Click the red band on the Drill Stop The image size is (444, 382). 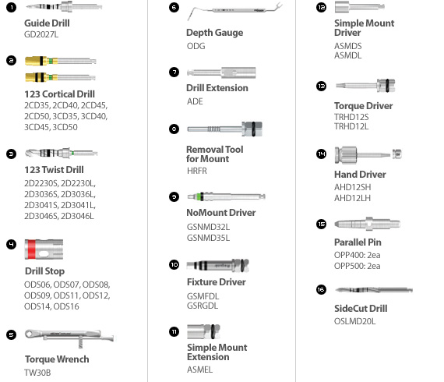coord(32,249)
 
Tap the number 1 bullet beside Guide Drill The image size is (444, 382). coord(12,7)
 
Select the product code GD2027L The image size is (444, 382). coord(41,34)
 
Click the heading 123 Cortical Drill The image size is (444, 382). coord(59,94)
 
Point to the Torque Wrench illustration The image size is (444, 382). coord(69,337)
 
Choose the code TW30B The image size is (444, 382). coord(37,373)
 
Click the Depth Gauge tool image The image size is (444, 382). coord(234,11)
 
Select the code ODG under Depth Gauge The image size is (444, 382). coord(196,46)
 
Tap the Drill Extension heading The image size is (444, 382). coord(217,88)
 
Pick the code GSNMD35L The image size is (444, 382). coord(208,238)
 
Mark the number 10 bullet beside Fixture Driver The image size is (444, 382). coord(174,265)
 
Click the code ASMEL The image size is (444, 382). coord(199,370)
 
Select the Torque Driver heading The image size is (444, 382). coord(363,106)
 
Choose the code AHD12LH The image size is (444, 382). coord(352,198)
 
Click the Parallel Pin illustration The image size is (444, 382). coord(367,224)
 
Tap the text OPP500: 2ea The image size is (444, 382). coord(357,266)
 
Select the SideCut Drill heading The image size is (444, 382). coord(361,308)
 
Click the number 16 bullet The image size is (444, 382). coord(321,289)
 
